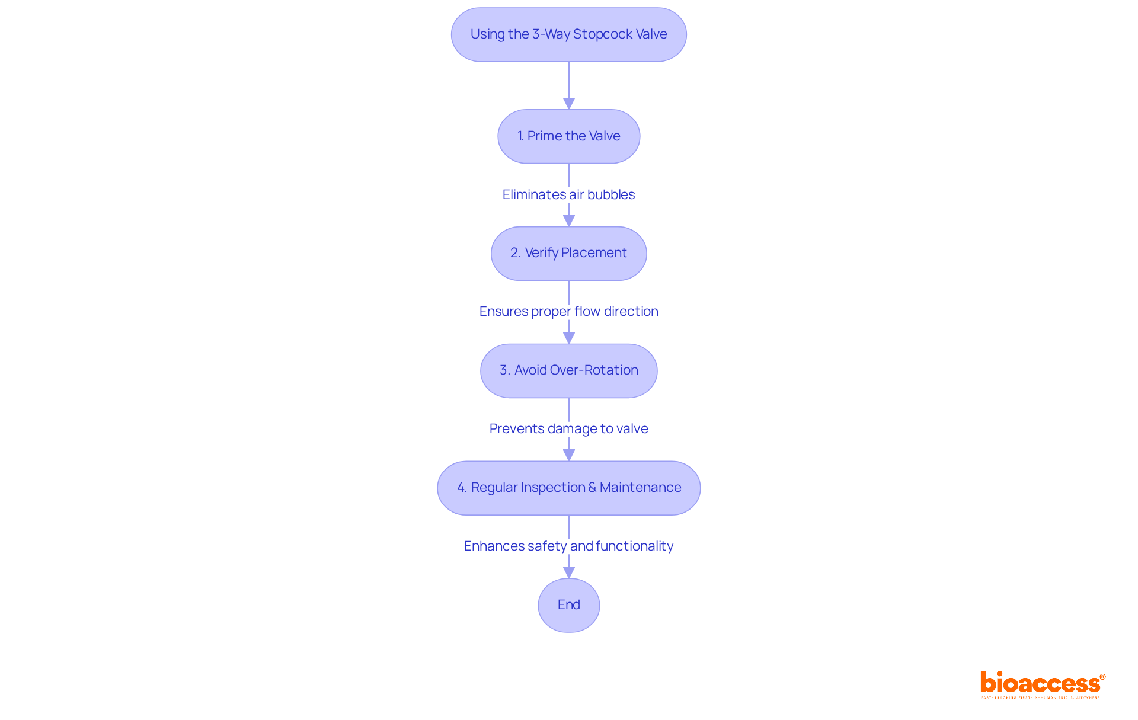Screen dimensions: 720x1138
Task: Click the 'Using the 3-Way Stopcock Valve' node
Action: point(568,34)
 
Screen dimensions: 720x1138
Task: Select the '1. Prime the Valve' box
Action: point(568,136)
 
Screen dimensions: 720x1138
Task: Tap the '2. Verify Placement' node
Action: point(568,253)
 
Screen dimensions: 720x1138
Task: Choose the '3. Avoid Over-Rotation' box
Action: point(568,370)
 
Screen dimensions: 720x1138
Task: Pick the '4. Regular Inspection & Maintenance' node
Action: point(568,488)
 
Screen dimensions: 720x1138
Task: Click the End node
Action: point(568,605)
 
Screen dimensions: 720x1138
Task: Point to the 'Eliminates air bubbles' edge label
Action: point(568,194)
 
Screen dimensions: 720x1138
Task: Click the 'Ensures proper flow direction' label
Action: point(568,311)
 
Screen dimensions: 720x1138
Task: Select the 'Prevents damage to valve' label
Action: point(568,428)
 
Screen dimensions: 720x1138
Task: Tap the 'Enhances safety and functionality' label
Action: point(568,546)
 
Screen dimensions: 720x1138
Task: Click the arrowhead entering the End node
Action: point(568,572)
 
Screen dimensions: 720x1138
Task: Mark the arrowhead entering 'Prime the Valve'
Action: point(568,104)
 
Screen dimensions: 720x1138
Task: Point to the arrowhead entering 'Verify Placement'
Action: point(568,220)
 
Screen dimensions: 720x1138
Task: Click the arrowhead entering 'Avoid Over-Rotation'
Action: point(568,338)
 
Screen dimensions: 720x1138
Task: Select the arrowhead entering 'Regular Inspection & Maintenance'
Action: point(568,455)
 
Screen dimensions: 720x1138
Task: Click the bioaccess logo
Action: point(1041,683)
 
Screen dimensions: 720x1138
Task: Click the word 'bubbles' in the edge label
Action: point(610,194)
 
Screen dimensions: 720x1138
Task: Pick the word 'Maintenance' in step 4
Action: point(640,488)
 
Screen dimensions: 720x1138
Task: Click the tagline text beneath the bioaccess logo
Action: point(1040,698)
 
